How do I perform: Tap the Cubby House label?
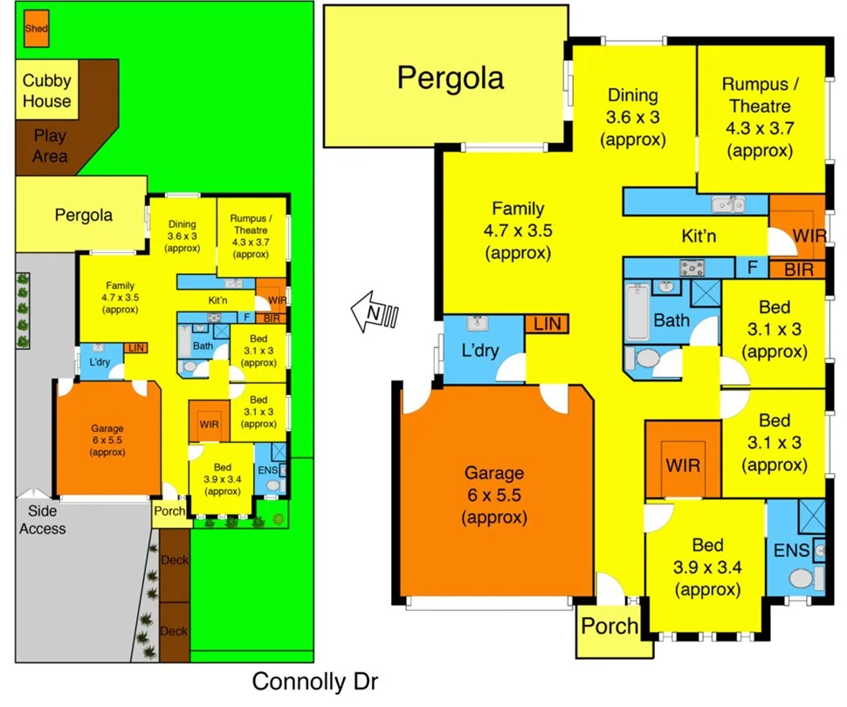tap(47, 91)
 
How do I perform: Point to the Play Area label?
tap(50, 146)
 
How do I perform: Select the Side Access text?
tap(43, 520)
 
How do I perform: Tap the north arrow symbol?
tap(374, 312)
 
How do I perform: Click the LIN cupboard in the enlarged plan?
tap(546, 325)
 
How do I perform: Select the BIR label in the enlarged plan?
tap(797, 270)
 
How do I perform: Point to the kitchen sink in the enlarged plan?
tap(726, 204)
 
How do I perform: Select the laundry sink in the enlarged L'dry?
tap(477, 325)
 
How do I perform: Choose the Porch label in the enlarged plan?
tap(609, 627)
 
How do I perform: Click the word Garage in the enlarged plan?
tap(494, 473)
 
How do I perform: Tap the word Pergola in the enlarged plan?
tap(451, 78)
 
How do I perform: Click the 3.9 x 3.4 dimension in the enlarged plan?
tap(707, 567)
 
